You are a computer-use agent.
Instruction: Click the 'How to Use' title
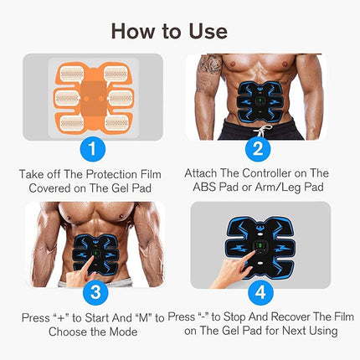[x=180, y=30]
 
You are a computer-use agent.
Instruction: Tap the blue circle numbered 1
[x=92, y=149]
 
